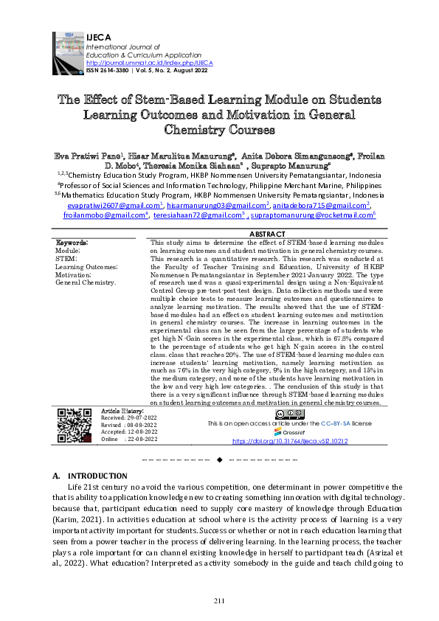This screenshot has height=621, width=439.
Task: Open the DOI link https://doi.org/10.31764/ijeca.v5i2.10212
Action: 290,440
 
